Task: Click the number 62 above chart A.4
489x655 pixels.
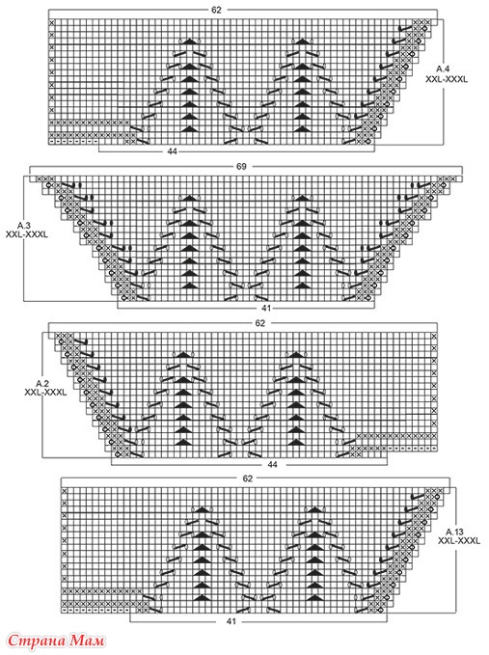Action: tap(216, 10)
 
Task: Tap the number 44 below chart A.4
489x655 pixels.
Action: tap(172, 151)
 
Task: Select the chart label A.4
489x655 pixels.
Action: tap(444, 68)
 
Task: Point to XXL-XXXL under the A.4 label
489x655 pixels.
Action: tap(447, 79)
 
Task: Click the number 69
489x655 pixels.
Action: tap(241, 166)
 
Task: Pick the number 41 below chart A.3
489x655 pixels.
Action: tap(266, 308)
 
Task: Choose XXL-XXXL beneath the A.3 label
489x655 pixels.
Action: tap(27, 234)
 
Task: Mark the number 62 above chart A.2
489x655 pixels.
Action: tap(260, 323)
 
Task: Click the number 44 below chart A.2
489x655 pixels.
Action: tap(273, 464)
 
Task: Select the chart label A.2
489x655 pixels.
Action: tap(42, 383)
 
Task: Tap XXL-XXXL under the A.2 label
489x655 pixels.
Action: tap(45, 393)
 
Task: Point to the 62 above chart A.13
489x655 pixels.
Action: tap(248, 478)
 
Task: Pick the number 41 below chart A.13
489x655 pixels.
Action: tap(231, 621)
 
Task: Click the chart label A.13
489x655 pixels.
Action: tap(454, 532)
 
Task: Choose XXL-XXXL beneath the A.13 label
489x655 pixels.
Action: tap(459, 541)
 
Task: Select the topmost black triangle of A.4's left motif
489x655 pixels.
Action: tap(189, 41)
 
